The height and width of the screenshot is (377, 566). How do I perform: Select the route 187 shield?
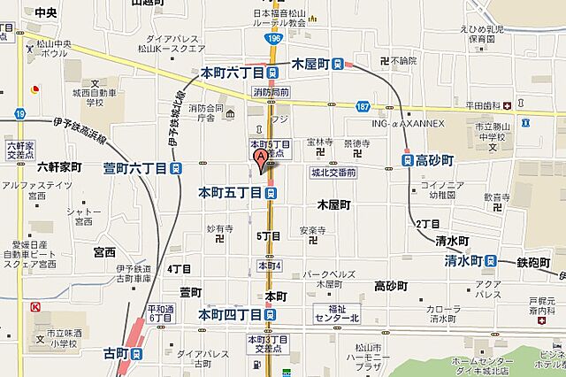[363, 106]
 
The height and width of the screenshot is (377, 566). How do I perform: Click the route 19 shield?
[20, 113]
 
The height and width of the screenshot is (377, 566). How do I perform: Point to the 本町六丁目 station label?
[233, 73]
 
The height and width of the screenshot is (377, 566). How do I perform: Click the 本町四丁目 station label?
[230, 314]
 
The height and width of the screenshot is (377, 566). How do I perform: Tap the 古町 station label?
[116, 354]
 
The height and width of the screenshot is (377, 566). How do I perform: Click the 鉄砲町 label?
[534, 262]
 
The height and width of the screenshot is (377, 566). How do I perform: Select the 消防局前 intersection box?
[271, 91]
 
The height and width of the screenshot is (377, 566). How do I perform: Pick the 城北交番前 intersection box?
[333, 173]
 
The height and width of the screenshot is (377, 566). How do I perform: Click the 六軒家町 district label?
[59, 167]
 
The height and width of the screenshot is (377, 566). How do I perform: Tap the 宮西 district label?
[104, 251]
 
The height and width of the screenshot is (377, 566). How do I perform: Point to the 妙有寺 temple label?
[218, 228]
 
